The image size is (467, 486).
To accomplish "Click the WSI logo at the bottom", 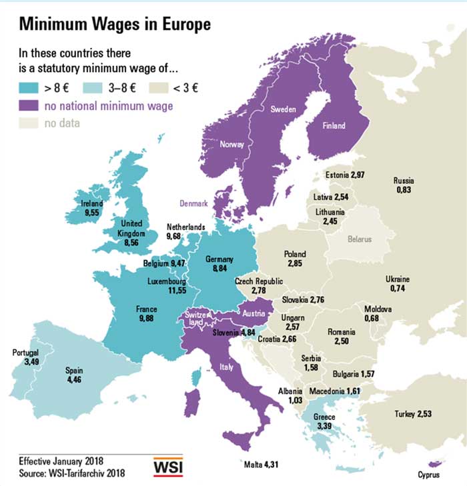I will (x=169, y=467).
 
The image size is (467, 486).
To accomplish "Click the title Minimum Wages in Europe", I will (x=115, y=25).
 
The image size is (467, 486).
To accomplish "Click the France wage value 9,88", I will (x=146, y=319).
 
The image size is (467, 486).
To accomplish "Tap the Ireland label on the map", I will (x=91, y=203).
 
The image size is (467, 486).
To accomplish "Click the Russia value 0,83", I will (x=404, y=190).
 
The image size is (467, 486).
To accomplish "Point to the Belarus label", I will (x=359, y=239).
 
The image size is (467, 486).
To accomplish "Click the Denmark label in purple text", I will (x=193, y=203).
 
